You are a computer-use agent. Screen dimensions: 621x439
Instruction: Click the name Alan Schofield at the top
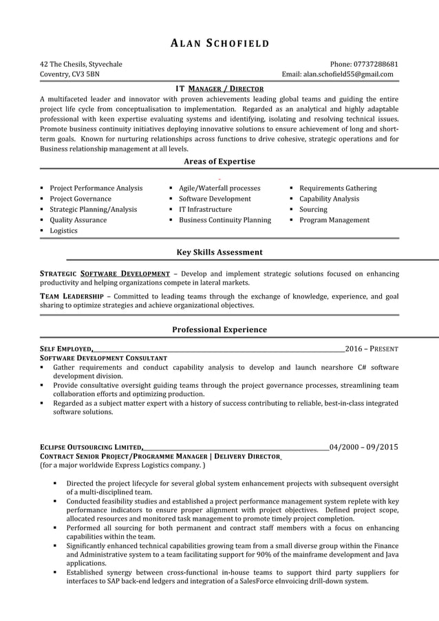pyautogui.click(x=219, y=44)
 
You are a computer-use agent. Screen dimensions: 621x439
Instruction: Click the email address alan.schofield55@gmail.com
pyautogui.click(x=348, y=74)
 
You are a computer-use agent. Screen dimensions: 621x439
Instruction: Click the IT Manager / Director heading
pyautogui.click(x=219, y=89)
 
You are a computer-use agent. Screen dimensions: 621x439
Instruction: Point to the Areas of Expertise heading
pyautogui.click(x=219, y=162)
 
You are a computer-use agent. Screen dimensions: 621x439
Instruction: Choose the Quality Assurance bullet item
pyautogui.click(x=78, y=220)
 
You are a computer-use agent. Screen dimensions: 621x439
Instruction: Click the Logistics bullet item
pyautogui.click(x=63, y=231)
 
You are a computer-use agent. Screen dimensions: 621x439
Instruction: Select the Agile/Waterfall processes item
pyautogui.click(x=219, y=188)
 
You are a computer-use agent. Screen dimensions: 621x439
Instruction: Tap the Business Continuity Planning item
pyautogui.click(x=225, y=220)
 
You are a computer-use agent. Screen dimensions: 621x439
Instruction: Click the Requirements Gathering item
pyautogui.click(x=338, y=188)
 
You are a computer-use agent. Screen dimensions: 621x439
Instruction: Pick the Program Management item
pyautogui.click(x=334, y=220)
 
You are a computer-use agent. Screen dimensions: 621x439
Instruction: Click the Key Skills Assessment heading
pyautogui.click(x=219, y=252)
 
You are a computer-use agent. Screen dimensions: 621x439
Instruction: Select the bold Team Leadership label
pyautogui.click(x=72, y=296)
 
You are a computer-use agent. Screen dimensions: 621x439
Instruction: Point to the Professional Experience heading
pyautogui.click(x=219, y=329)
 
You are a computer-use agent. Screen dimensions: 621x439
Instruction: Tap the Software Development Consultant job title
pyautogui.click(x=103, y=358)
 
